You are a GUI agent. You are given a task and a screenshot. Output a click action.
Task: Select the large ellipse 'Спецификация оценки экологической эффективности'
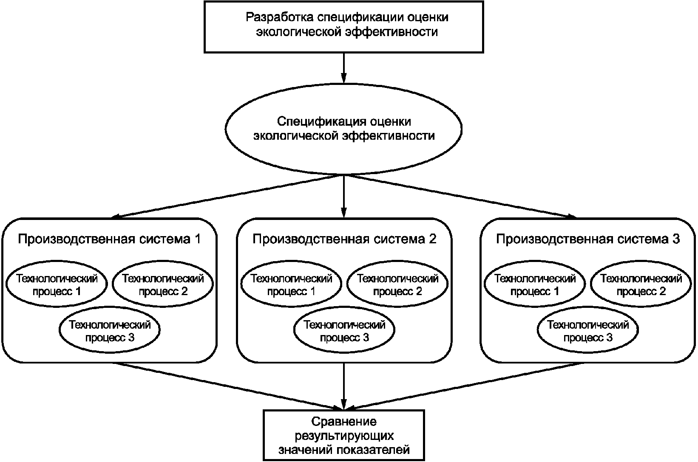[x=344, y=129]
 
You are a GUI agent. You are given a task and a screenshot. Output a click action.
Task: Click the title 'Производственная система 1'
[x=109, y=239]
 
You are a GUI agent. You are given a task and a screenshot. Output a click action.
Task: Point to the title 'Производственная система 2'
[x=344, y=239]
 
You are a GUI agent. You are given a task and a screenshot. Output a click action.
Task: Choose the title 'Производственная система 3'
[x=588, y=239]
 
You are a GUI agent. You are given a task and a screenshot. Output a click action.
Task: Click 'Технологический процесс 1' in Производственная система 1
[x=57, y=285]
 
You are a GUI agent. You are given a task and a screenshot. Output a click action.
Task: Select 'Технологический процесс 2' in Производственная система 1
[x=163, y=285]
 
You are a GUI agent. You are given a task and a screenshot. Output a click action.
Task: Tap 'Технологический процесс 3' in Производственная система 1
[x=110, y=331]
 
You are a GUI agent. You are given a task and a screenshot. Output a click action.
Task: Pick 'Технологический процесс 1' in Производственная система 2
[x=291, y=285]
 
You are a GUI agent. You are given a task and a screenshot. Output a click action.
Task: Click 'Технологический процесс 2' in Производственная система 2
[x=397, y=285]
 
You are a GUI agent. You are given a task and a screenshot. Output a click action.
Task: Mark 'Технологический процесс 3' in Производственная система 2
[x=344, y=331]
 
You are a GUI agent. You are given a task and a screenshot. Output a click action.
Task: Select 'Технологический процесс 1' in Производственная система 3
[x=535, y=285]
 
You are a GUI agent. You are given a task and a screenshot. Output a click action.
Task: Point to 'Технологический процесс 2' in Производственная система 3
[x=641, y=285]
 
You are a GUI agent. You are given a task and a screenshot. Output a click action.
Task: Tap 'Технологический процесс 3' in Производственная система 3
[x=588, y=331]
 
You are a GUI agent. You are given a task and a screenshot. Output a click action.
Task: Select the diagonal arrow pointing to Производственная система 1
[x=230, y=196]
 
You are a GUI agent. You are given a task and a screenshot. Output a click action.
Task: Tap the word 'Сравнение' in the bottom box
[x=344, y=422]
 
